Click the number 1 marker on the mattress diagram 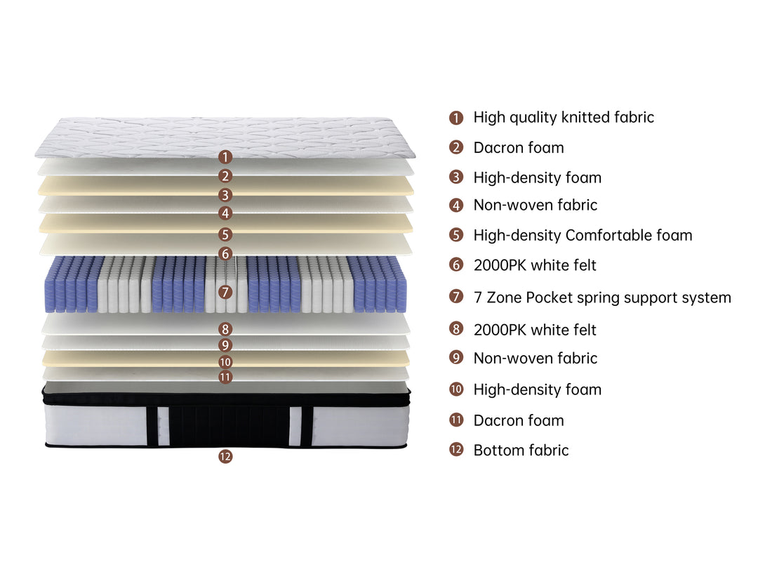[x=225, y=157]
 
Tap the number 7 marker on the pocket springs [x=225, y=292]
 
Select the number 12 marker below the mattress [x=225, y=457]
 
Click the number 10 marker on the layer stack [x=225, y=362]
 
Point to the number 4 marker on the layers [x=225, y=213]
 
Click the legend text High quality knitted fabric [x=564, y=117]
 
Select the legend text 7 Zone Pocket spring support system [x=602, y=298]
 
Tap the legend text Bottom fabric [x=521, y=450]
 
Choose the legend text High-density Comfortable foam [x=583, y=236]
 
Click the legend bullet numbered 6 [x=456, y=265]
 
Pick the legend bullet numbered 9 [x=456, y=357]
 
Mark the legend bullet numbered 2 [x=456, y=147]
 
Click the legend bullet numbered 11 [x=456, y=420]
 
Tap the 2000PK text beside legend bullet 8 [x=500, y=331]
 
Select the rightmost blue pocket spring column [x=401, y=285]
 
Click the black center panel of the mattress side [x=229, y=425]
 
